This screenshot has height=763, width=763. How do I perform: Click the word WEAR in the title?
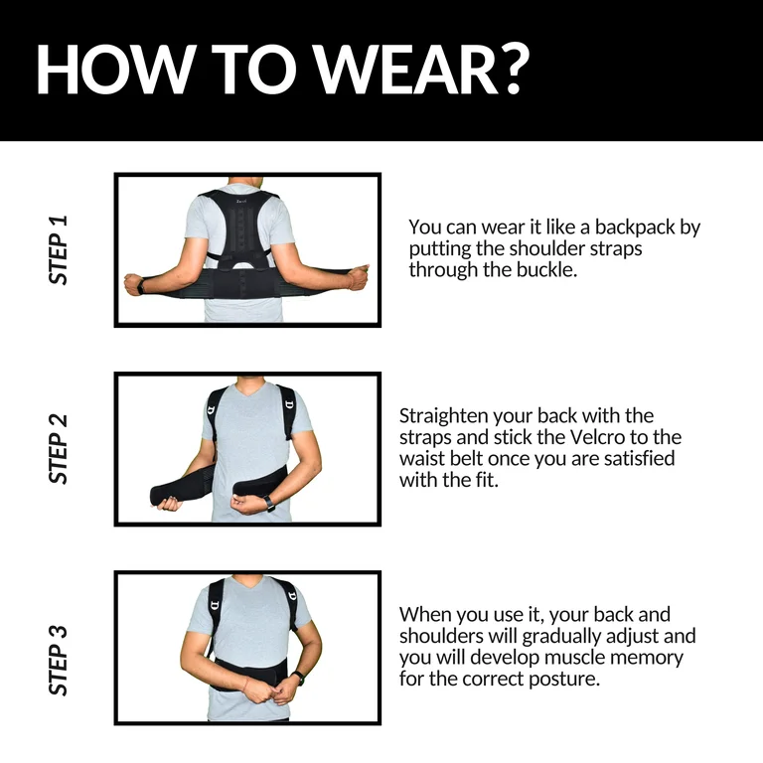coord(406,70)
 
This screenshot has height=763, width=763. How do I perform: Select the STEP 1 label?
coord(58,249)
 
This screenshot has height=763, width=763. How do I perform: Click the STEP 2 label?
coord(58,449)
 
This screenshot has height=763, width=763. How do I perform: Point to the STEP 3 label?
coord(58,660)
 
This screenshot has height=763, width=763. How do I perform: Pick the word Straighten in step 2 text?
coord(444,416)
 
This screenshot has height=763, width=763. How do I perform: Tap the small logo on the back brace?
coord(241,202)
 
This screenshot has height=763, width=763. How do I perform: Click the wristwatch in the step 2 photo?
coord(269,503)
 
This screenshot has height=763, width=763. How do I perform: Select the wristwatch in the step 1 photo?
coord(141,286)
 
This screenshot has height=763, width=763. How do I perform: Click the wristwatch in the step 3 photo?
coord(298,678)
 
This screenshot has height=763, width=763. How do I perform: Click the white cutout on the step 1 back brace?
coord(242,264)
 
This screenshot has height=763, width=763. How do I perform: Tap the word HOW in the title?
coord(117,70)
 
